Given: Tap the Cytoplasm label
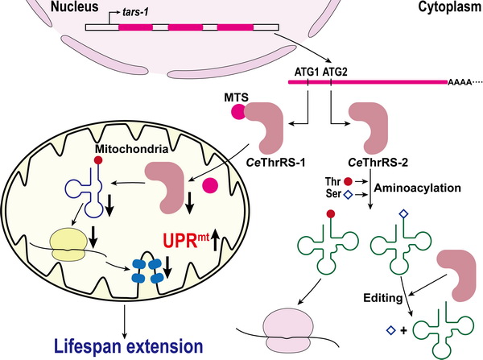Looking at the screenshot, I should (x=446, y=7).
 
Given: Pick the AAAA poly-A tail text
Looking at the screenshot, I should (x=461, y=83).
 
